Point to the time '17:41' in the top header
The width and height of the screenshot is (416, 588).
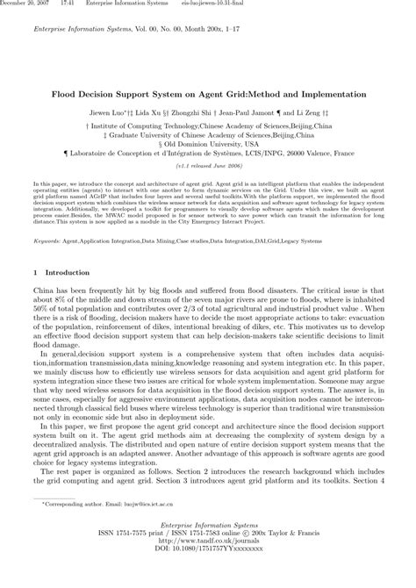pos(68,4)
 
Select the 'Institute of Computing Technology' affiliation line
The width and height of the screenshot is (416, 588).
pos(208,126)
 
